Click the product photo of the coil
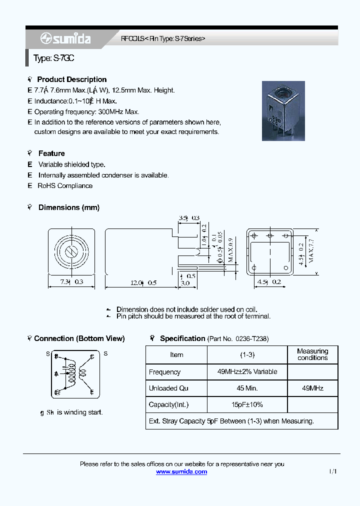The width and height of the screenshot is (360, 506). (283, 110)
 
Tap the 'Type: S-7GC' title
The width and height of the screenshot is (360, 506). (54, 58)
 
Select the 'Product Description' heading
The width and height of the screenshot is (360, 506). (71, 79)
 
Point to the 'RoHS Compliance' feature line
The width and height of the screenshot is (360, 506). (65, 186)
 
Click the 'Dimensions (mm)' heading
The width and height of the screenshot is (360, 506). (68, 207)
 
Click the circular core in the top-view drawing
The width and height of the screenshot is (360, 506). (71, 251)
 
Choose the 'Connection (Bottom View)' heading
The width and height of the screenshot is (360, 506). (79, 338)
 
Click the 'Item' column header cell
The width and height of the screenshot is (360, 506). (176, 355)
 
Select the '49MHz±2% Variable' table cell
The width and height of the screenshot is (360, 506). (247, 372)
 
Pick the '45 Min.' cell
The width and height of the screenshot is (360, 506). (247, 388)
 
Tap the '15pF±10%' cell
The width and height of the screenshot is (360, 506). (247, 404)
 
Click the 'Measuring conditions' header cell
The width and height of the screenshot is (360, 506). (312, 354)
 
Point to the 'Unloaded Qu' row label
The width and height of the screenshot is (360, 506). (168, 388)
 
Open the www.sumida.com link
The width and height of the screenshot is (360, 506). (181, 472)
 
